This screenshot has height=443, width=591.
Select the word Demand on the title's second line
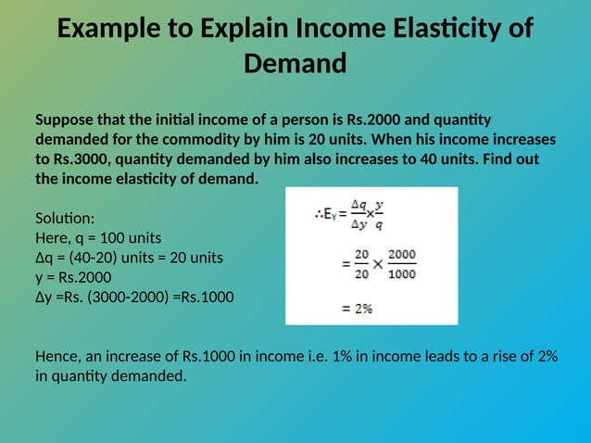click(x=295, y=63)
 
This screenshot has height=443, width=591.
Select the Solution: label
click(x=64, y=219)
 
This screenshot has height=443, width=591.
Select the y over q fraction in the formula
click(x=380, y=215)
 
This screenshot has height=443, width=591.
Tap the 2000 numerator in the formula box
click(x=402, y=254)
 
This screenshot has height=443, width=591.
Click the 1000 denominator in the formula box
click(x=402, y=272)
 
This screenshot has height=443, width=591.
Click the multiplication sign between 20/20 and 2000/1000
click(x=378, y=264)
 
